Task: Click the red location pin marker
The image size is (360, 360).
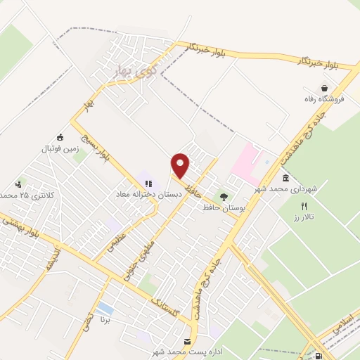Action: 181,166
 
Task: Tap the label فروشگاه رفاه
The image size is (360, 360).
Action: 323,99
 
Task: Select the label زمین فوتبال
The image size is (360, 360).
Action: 61,148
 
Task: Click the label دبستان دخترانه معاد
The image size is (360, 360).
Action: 149,192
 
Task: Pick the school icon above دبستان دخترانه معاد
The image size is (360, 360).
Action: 148,182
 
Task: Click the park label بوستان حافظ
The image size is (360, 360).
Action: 222,207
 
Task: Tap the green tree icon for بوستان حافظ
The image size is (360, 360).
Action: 224,197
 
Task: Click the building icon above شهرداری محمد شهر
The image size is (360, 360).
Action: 285,179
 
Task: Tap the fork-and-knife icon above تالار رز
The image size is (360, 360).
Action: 304,207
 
